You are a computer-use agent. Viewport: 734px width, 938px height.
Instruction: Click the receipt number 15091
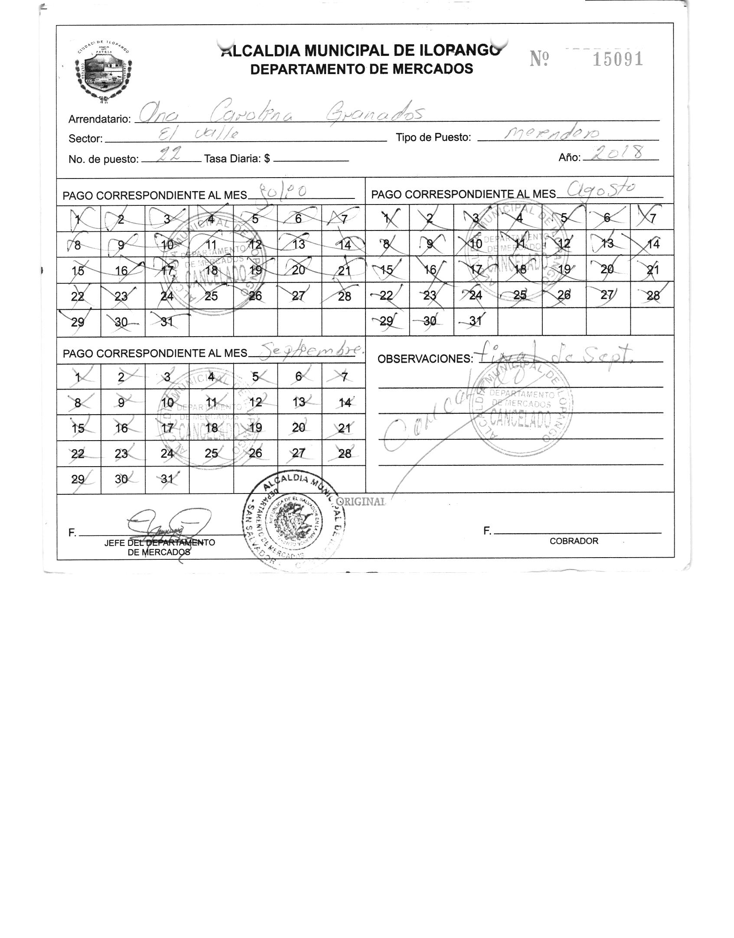(x=617, y=59)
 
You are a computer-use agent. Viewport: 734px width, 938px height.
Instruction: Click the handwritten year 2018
(x=619, y=153)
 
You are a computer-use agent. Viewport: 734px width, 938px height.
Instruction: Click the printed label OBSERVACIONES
(x=424, y=359)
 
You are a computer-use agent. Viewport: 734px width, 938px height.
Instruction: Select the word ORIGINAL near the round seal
(x=361, y=501)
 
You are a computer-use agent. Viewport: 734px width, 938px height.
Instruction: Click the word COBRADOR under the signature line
(x=574, y=541)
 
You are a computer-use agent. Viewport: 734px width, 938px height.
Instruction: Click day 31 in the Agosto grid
(x=475, y=321)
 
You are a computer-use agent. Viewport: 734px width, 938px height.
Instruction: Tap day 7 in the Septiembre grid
(x=344, y=377)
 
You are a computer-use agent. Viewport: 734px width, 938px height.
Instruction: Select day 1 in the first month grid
(x=78, y=219)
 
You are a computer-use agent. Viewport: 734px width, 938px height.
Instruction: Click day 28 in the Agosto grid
(x=652, y=295)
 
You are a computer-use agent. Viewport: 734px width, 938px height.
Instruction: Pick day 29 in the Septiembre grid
(x=78, y=479)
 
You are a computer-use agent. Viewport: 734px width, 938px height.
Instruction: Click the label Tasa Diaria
(x=237, y=159)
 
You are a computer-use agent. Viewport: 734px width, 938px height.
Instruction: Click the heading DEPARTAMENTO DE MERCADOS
(x=362, y=69)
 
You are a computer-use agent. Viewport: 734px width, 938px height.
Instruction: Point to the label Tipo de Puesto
(x=433, y=138)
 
